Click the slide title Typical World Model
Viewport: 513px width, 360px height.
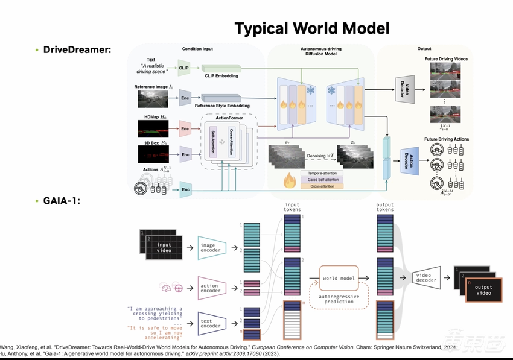coord(311,28)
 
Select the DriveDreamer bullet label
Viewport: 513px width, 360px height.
coord(77,49)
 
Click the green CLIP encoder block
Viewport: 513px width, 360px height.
coord(184,68)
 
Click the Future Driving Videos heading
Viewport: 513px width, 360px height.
coord(446,59)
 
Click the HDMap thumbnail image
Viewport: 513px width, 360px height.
coord(153,127)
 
